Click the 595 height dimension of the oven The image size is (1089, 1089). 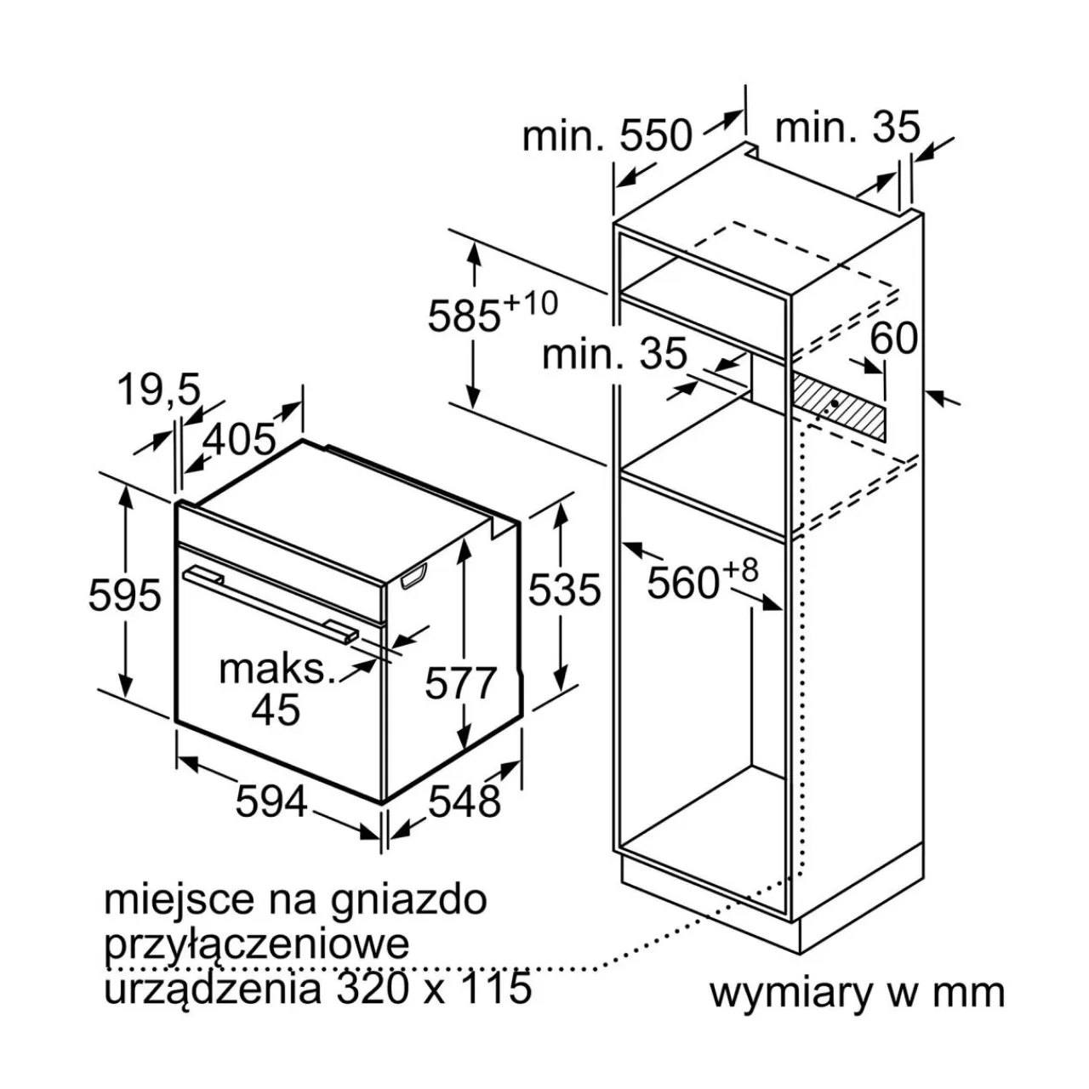click(x=125, y=595)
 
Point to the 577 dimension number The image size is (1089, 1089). click(x=460, y=682)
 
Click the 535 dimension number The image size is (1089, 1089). click(x=564, y=590)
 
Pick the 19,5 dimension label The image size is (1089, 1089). click(x=160, y=390)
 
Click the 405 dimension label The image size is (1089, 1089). click(x=239, y=439)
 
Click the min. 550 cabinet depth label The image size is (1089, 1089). click(x=607, y=135)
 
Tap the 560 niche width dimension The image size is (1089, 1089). click(x=682, y=583)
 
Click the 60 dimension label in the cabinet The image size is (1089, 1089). click(x=893, y=338)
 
